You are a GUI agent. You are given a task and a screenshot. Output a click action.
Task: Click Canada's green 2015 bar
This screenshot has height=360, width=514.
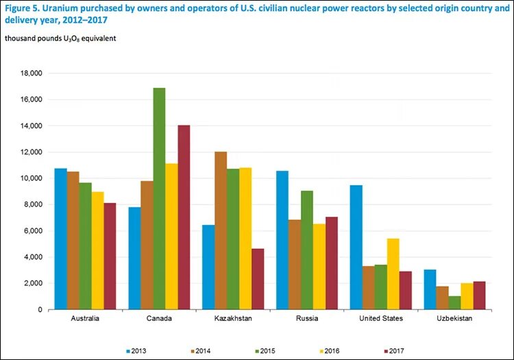coord(159,199)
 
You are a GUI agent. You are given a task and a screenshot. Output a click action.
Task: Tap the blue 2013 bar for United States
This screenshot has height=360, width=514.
coord(356,247)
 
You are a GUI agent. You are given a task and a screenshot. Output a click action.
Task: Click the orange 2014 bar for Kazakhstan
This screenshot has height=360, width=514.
coord(221,230)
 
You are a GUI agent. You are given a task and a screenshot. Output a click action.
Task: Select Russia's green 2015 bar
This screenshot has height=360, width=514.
coord(307,250)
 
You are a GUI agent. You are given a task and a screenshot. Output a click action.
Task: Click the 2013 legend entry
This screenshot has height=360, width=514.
coord(138,332)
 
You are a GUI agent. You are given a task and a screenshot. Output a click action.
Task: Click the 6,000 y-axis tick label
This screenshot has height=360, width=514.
coord(32,231)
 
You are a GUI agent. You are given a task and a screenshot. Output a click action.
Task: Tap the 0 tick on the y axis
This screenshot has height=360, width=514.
coord(40,309)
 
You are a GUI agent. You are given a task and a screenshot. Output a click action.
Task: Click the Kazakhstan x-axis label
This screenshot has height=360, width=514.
coord(233,319)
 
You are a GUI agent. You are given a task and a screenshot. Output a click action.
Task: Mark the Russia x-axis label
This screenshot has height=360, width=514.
coord(306,319)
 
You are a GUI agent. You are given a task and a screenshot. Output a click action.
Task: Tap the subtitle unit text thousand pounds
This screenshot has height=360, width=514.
coord(36,38)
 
